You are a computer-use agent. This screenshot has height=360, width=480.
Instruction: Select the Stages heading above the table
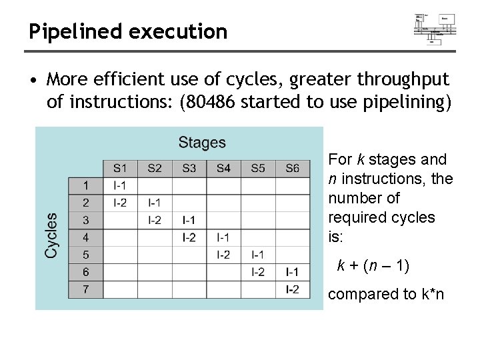click(202, 143)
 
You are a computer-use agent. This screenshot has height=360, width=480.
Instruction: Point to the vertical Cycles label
click(52, 234)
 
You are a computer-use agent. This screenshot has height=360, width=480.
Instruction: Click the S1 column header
click(120, 168)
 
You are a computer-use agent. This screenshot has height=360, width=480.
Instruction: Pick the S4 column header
click(223, 168)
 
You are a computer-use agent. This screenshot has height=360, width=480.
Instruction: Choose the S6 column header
click(292, 168)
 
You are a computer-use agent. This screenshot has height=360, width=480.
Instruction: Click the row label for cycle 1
click(86, 185)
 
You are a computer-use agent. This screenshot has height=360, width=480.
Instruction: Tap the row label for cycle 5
click(86, 254)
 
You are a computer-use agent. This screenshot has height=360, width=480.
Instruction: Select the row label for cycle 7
click(86, 289)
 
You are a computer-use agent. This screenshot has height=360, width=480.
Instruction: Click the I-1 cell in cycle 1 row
click(120, 185)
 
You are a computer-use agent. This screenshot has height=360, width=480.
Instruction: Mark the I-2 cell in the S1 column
click(120, 202)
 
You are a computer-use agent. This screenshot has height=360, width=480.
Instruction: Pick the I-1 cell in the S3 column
click(189, 219)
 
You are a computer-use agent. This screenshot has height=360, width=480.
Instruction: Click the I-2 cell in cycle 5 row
click(223, 254)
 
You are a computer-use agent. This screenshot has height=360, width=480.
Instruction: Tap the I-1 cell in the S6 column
click(292, 271)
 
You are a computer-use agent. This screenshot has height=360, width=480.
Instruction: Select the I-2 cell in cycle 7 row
click(292, 289)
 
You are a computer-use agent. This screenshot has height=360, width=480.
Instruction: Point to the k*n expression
click(431, 294)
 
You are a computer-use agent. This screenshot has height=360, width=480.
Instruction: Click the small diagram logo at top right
click(434, 28)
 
